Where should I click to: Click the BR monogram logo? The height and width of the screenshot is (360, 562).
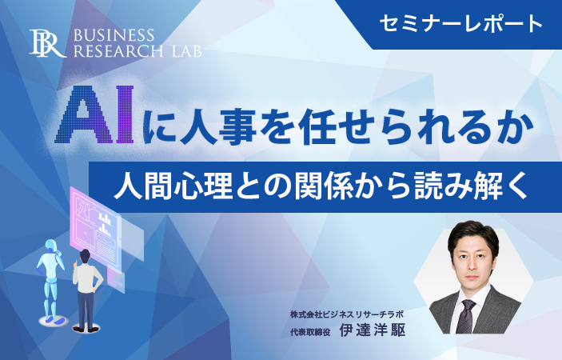48,43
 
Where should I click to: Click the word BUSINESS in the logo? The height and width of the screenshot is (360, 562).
114,35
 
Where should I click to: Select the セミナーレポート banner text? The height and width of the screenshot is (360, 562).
461,24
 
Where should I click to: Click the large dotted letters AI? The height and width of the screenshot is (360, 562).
94,114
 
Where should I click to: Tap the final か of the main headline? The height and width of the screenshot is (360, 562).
515,128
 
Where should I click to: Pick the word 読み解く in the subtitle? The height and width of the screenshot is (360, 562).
471,187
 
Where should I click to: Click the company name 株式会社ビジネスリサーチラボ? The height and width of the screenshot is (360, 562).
347,315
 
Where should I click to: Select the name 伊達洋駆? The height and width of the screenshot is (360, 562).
372,330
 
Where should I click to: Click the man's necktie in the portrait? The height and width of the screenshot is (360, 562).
466,316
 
